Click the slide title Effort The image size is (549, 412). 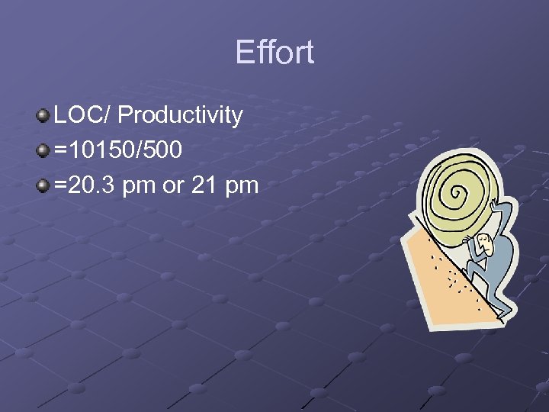coord(274,53)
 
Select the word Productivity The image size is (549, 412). coord(181,115)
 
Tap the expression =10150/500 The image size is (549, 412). coord(118,150)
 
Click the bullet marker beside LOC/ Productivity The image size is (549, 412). coord(43,116)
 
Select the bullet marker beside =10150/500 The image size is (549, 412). coord(43,150)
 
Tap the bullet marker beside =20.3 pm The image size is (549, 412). coord(43,185)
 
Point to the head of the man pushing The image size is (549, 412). coord(485,245)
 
